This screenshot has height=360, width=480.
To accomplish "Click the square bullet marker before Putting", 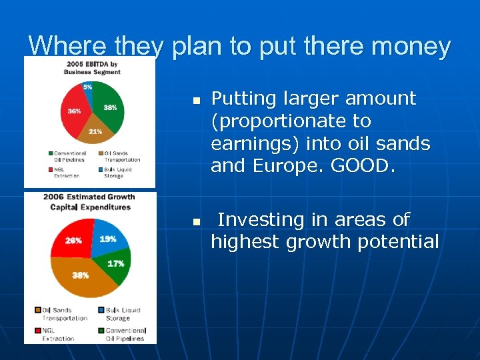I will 196,101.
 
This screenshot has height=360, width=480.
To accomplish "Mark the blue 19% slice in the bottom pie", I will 107,240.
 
